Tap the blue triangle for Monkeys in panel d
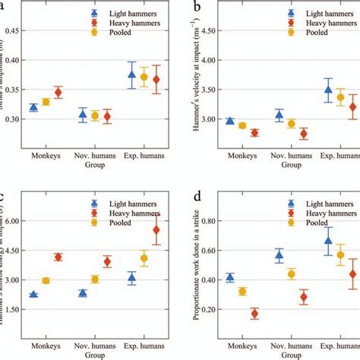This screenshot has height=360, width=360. [230, 278]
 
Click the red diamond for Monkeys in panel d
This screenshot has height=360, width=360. [254, 314]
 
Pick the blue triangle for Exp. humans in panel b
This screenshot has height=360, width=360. [328, 90]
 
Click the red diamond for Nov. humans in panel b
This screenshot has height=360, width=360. [304, 134]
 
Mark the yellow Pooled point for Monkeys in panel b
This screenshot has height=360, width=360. [242, 125]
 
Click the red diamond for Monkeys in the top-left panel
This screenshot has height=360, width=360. [58, 92]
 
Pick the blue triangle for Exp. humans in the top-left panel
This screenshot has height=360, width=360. [132, 74]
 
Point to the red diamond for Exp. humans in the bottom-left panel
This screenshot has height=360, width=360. [156, 229]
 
